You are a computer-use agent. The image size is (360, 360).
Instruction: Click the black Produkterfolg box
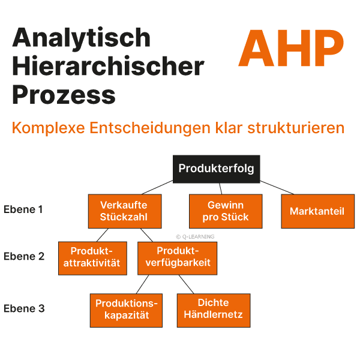point(217,169)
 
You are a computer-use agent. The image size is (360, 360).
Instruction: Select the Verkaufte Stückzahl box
point(124,211)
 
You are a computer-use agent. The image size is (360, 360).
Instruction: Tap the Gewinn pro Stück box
point(226,211)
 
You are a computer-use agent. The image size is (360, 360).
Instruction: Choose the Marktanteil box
point(317,211)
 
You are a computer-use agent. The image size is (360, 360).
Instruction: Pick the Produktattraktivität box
point(92,257)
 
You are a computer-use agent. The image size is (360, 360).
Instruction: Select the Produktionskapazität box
point(126,310)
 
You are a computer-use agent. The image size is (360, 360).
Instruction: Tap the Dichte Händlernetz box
point(214,310)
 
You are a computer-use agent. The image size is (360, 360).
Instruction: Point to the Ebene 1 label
point(23,210)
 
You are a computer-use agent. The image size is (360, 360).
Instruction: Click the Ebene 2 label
point(23,256)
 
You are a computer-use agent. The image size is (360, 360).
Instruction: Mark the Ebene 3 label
point(23,309)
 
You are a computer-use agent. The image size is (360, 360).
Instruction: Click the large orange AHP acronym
point(291,49)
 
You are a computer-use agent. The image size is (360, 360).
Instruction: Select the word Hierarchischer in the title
point(108,67)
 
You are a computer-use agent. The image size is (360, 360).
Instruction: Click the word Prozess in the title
point(64,95)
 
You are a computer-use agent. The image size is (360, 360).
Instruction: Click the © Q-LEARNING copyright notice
point(195,236)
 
